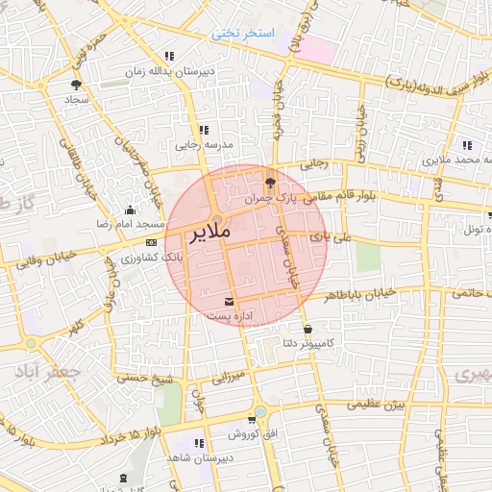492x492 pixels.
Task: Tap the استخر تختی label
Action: click(x=243, y=33)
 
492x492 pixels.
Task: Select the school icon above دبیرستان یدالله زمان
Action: click(x=170, y=56)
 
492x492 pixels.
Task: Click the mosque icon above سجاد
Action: click(x=74, y=85)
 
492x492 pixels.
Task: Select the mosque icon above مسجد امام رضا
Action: click(x=130, y=210)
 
